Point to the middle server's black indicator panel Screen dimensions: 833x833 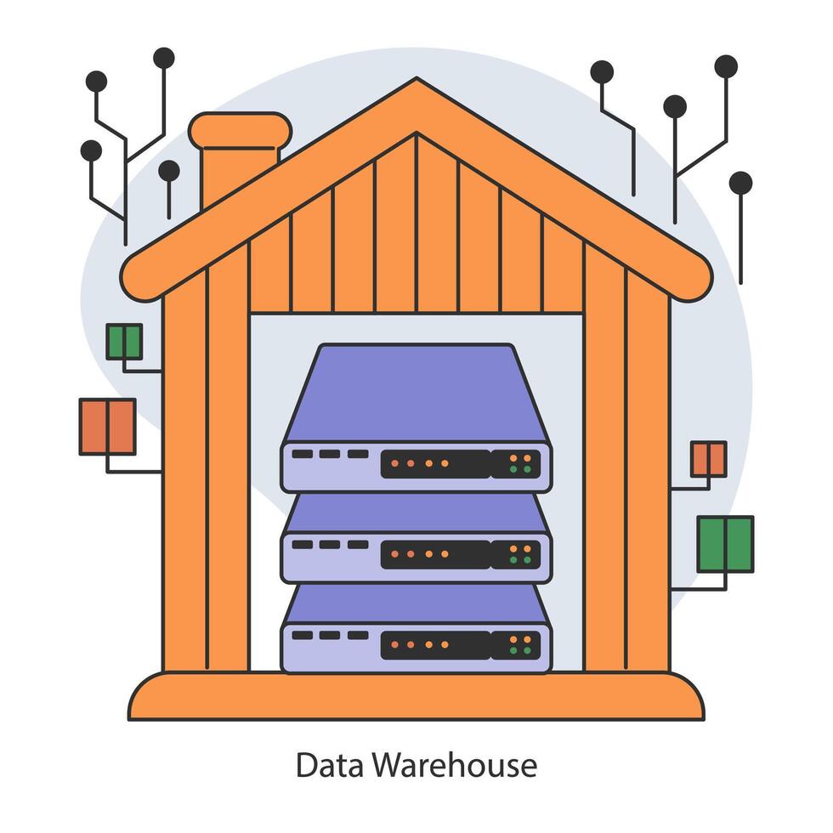(x=435, y=555)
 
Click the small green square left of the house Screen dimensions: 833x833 (x=124, y=342)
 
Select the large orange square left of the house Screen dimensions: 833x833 (x=107, y=427)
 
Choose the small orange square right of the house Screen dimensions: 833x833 (x=708, y=459)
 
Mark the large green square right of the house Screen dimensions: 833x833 (x=725, y=544)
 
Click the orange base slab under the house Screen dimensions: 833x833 (x=416, y=697)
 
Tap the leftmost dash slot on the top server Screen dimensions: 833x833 (x=302, y=455)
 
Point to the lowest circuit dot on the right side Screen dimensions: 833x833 (x=740, y=183)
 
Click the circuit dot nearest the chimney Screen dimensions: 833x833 (x=168, y=171)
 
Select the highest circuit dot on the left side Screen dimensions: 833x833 (x=163, y=58)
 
